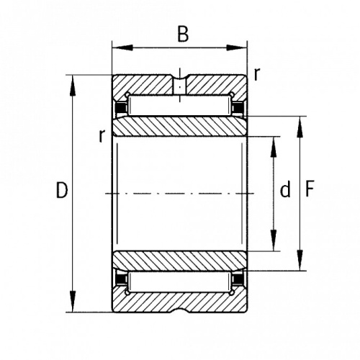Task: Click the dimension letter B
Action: tap(183, 34)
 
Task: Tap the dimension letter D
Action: tap(62, 190)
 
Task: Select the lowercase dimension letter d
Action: tap(285, 190)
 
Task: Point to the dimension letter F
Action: tap(310, 189)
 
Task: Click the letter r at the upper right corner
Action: tap(257, 74)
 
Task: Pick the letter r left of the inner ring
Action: tap(102, 136)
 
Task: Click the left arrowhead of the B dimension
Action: tap(122, 48)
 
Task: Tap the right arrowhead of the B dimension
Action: tap(237, 48)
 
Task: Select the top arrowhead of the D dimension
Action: tap(73, 86)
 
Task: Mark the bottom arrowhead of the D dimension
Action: tap(73, 301)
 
